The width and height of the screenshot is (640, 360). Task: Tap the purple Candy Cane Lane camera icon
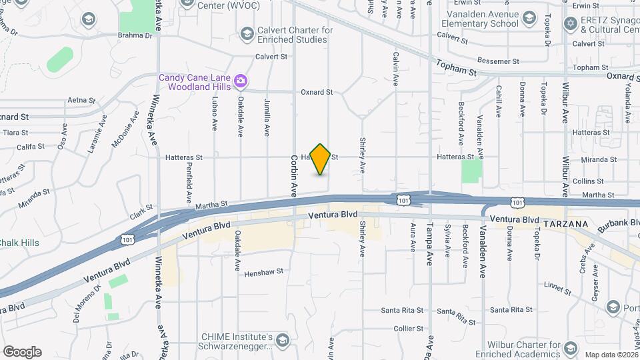(x=241, y=82)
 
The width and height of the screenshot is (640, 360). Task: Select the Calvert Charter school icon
(x=247, y=33)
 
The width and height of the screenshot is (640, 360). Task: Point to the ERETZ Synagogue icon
(x=569, y=24)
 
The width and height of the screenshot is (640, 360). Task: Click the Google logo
(x=22, y=351)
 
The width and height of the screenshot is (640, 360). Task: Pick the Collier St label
(x=409, y=328)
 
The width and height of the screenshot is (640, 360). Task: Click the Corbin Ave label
(x=293, y=176)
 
